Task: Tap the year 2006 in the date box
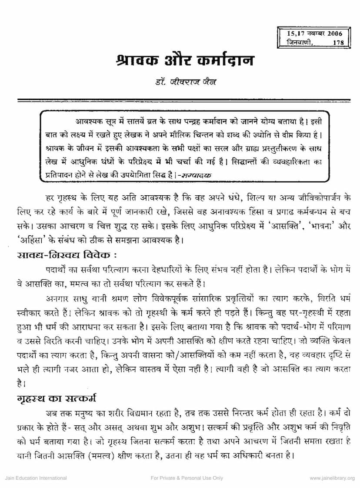pyautogui.click(x=333, y=33)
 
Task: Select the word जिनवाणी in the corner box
pyautogui.click(x=295, y=42)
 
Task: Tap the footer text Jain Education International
pyautogui.click(x=36, y=478)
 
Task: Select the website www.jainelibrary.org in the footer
pyautogui.click(x=332, y=478)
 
